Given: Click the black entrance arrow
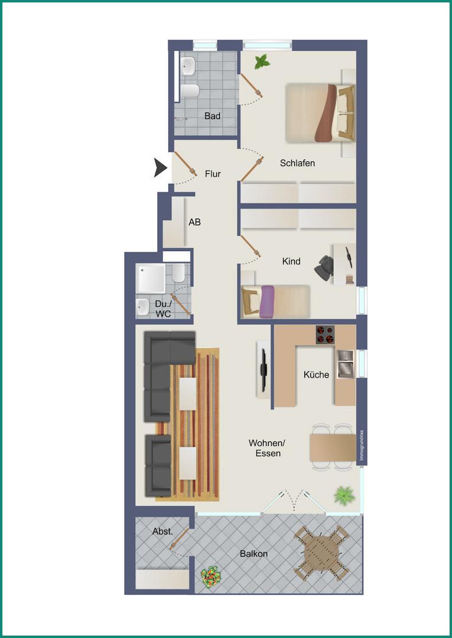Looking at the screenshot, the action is (160, 168).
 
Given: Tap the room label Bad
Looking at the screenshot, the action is (212, 116).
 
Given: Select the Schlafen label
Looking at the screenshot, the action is (297, 163).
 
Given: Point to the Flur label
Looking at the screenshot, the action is (213, 174).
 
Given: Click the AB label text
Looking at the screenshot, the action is (194, 222).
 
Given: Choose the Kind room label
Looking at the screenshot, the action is (291, 261).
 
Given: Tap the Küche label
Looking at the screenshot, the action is (317, 375).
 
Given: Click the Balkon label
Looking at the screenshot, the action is (254, 554).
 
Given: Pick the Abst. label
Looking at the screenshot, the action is (162, 532).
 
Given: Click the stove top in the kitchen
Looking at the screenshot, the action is (325, 335).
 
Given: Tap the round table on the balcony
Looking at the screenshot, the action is (322, 552).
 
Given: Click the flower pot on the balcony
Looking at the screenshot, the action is (211, 577).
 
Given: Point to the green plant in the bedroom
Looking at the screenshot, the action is (262, 62).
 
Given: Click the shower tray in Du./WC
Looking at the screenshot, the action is (151, 278).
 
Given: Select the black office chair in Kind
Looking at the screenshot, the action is (324, 268).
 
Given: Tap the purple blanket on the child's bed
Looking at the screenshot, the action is (267, 301).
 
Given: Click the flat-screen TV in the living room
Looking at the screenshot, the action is (264, 370).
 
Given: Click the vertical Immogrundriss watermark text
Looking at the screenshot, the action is (362, 445).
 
